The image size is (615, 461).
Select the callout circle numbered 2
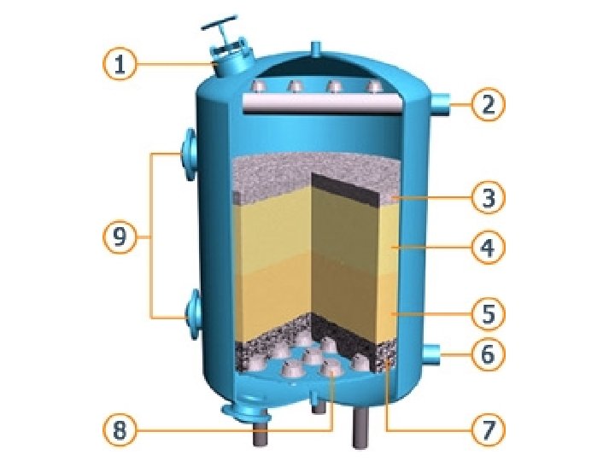click(x=488, y=105)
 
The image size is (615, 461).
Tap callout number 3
click(x=488, y=199)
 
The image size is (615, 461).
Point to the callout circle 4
click(x=488, y=248)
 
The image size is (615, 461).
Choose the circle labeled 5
click(x=488, y=314)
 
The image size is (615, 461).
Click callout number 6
click(x=488, y=353)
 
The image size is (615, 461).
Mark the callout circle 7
click(x=488, y=429)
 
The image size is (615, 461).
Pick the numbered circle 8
click(x=120, y=429)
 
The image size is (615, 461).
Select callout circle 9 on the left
click(x=120, y=238)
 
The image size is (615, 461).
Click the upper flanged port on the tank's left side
click(x=188, y=155)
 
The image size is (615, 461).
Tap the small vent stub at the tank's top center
click(x=315, y=48)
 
